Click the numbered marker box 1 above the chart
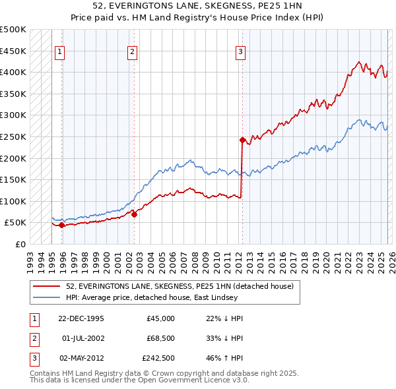(x=60, y=52)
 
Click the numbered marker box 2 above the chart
(x=132, y=52)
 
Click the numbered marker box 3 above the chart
(x=240, y=52)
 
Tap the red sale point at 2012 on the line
(x=242, y=140)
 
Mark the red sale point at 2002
(x=134, y=214)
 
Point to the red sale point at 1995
(x=61, y=225)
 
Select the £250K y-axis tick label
(x=13, y=137)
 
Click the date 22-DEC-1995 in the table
(x=81, y=318)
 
